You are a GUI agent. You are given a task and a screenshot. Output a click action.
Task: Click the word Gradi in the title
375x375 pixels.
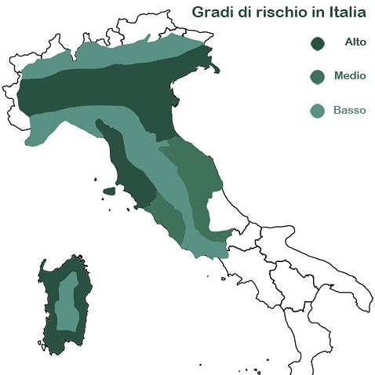click(x=213, y=13)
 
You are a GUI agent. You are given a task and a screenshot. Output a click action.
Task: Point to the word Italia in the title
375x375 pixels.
click(x=344, y=13)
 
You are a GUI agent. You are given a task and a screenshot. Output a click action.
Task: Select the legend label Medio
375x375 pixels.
click(x=349, y=76)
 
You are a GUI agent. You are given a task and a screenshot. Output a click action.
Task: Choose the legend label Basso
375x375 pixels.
click(x=349, y=111)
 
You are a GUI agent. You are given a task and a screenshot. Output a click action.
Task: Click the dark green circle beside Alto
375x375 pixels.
click(x=318, y=43)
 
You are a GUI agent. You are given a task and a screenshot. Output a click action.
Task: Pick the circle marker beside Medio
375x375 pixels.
click(x=318, y=77)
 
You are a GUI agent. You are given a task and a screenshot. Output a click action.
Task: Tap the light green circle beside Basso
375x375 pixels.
click(x=318, y=111)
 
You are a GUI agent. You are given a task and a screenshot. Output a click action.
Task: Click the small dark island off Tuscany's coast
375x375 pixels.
click(x=109, y=191)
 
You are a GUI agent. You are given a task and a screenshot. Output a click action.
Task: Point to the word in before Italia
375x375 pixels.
click(x=313, y=13)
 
